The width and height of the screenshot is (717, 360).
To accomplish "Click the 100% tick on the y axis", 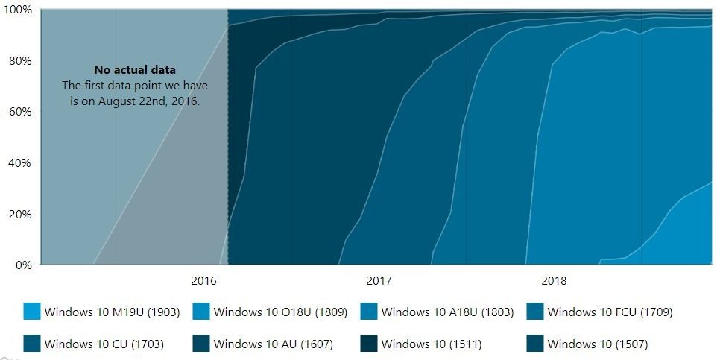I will [17, 10].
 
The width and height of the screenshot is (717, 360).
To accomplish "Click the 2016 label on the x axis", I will [203, 281].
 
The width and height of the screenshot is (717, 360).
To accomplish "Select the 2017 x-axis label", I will [379, 281].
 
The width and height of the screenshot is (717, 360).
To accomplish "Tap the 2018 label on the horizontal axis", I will [554, 281].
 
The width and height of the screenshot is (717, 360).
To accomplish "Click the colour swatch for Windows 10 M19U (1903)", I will [32, 312].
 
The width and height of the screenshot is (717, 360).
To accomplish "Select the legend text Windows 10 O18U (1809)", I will [280, 312].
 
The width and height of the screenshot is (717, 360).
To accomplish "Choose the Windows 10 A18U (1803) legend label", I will [447, 312].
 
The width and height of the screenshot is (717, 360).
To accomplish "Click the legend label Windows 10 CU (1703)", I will [104, 344].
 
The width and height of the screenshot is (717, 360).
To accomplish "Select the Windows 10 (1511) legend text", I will [432, 344].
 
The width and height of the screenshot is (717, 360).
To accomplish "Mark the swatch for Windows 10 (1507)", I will [535, 344].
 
